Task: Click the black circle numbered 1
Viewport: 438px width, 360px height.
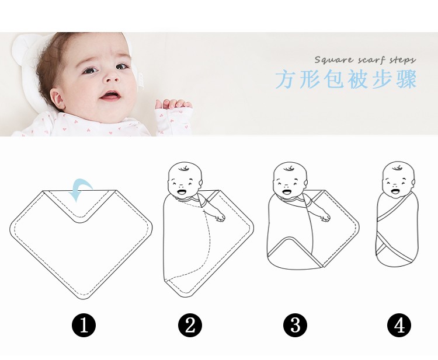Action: point(84,326)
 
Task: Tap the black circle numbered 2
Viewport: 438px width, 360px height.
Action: point(190,326)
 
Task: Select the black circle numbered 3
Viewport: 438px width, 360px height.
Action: point(296,326)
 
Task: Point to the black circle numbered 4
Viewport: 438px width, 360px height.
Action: point(399,326)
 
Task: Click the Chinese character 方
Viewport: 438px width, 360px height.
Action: point(286,79)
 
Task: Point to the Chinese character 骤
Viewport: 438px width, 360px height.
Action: point(406,79)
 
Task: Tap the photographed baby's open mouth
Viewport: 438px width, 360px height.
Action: point(110,95)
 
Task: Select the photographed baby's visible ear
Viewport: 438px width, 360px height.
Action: point(58,99)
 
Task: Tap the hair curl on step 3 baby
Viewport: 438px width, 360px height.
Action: point(289,168)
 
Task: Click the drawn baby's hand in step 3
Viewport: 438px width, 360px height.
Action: point(325,217)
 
